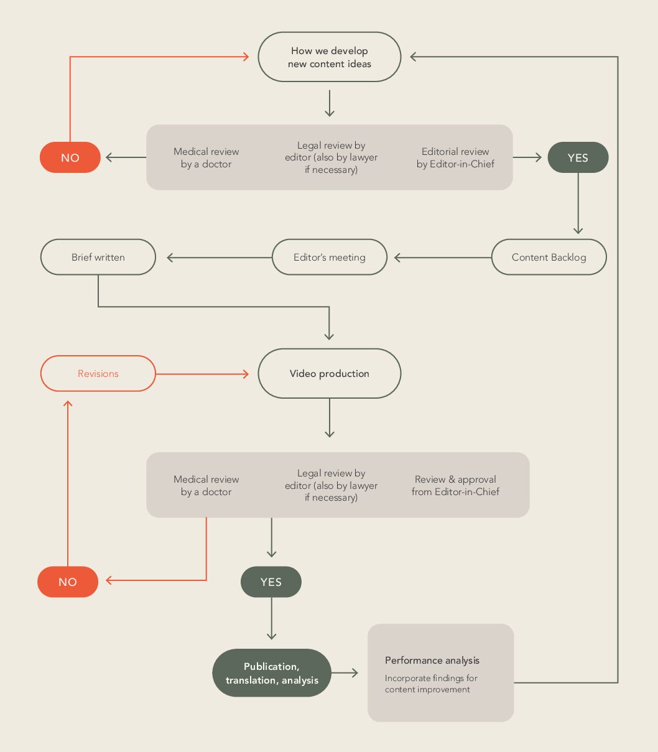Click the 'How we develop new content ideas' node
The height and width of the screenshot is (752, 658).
(329, 57)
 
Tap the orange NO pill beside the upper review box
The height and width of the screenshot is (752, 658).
(70, 157)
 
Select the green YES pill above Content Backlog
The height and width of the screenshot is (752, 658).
(578, 157)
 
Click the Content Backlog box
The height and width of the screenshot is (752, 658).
(549, 257)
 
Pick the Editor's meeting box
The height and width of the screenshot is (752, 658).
(329, 257)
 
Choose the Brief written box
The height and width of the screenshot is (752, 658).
(98, 257)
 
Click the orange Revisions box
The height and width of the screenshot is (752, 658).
(98, 373)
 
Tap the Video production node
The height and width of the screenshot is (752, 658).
(329, 373)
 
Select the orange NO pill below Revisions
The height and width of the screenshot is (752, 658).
(68, 582)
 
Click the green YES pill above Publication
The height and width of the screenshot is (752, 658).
(271, 582)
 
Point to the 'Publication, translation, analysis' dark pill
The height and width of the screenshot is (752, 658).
(272, 673)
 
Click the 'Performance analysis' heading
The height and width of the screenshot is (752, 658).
(432, 661)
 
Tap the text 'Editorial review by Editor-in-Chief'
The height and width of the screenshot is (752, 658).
(455, 158)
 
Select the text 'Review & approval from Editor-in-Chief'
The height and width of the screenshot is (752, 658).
(455, 486)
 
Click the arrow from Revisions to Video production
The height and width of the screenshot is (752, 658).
(202, 374)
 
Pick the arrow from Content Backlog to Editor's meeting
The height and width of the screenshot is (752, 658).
(443, 258)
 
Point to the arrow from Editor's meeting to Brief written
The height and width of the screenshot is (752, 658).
(220, 258)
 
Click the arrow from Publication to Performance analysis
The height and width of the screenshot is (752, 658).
(345, 673)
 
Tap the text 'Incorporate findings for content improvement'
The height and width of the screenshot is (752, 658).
(431, 684)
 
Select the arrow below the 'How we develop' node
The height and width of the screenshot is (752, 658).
(330, 103)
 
